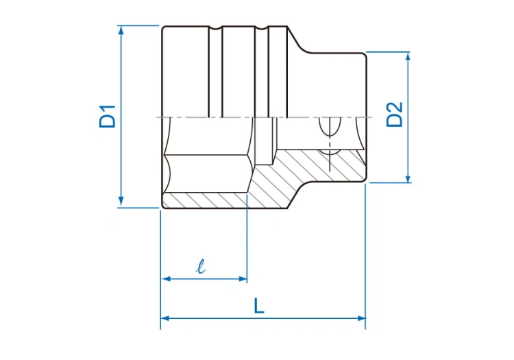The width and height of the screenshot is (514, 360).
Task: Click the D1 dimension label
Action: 108,116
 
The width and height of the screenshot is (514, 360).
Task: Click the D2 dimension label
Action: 394,114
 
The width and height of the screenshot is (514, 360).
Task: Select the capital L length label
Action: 259,306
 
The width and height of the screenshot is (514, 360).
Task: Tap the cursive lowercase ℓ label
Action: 201,266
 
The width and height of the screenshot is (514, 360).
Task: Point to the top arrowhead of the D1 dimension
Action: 121,30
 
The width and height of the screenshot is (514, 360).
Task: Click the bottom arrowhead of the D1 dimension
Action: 121,202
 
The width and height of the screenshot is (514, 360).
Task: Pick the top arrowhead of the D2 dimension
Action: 408,57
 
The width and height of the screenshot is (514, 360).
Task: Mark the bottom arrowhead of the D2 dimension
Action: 408,178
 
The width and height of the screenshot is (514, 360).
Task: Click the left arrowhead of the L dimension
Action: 165,318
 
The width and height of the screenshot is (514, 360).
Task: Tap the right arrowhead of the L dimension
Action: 361,318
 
